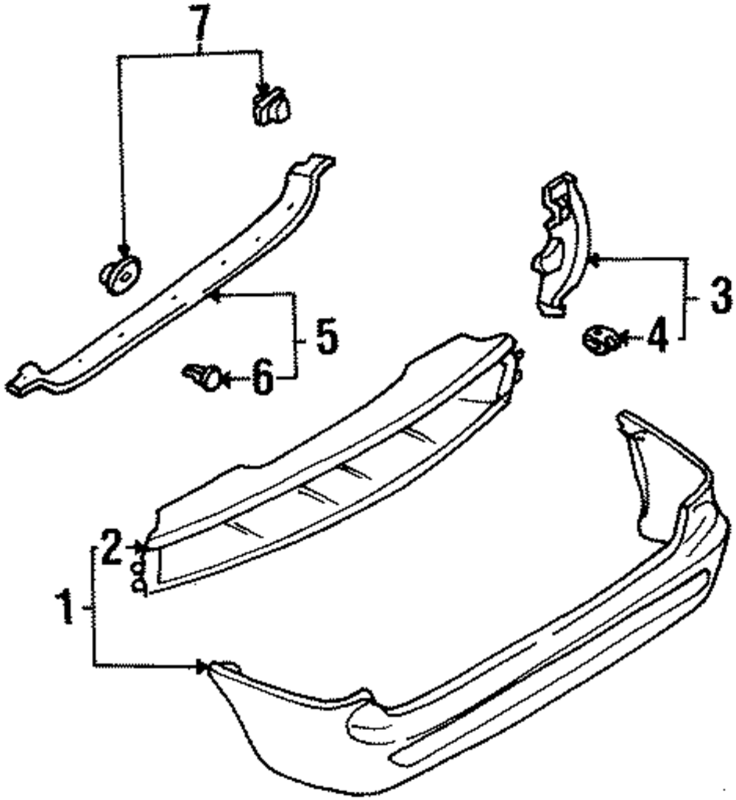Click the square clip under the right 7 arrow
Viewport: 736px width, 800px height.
pos(269,106)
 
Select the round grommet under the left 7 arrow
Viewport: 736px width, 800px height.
pos(120,275)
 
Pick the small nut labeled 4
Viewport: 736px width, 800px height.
pos(599,339)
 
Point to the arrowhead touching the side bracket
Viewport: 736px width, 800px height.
pos(595,258)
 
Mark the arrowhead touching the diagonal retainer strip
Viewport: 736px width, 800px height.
pos(214,296)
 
